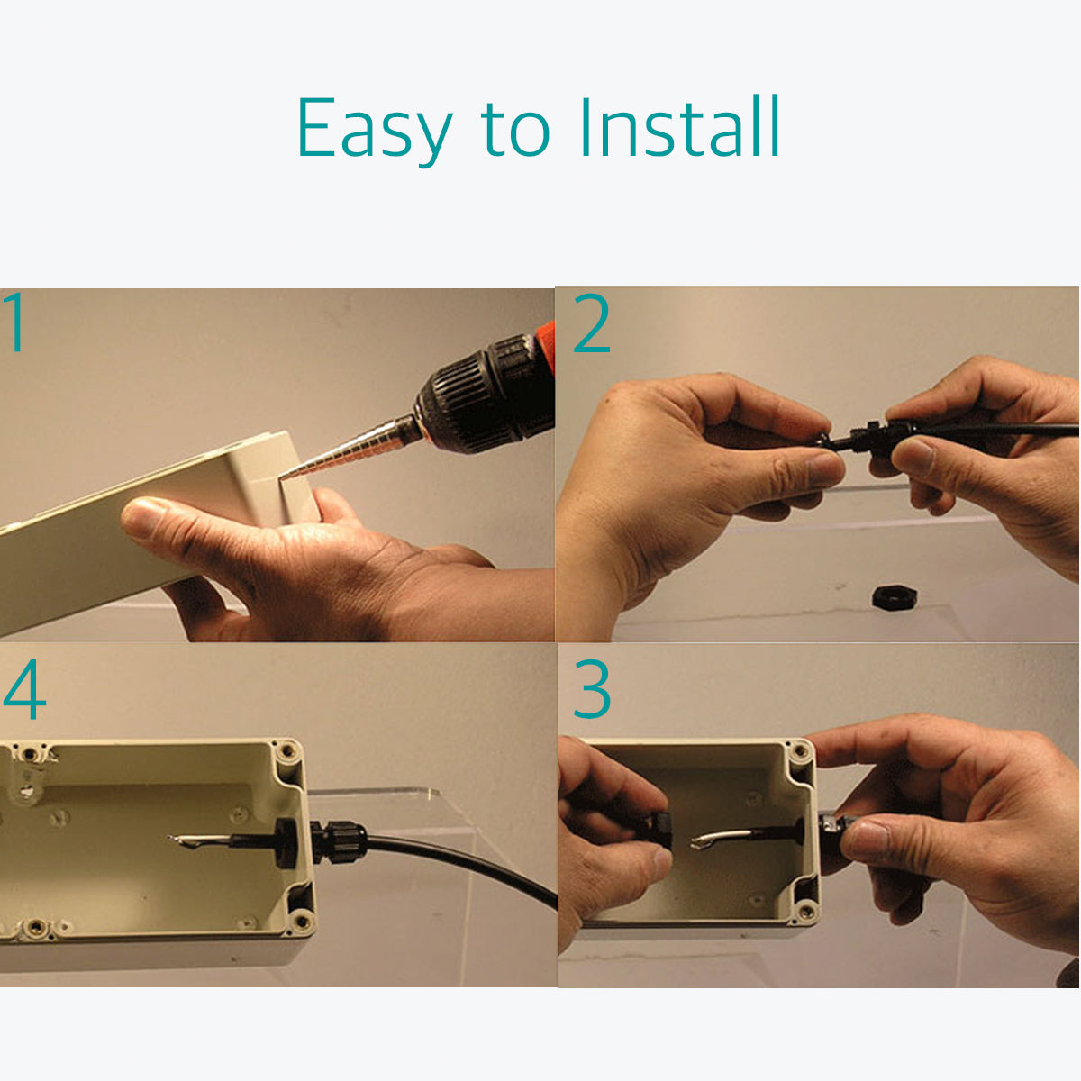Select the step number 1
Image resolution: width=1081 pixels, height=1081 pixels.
(15, 322)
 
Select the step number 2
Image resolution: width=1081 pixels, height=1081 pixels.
(592, 323)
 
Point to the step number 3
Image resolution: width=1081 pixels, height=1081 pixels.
(592, 689)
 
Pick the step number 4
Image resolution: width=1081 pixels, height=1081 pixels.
(24, 689)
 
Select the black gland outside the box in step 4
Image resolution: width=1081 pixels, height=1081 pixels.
(337, 840)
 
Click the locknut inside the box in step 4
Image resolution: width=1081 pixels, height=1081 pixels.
(286, 842)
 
